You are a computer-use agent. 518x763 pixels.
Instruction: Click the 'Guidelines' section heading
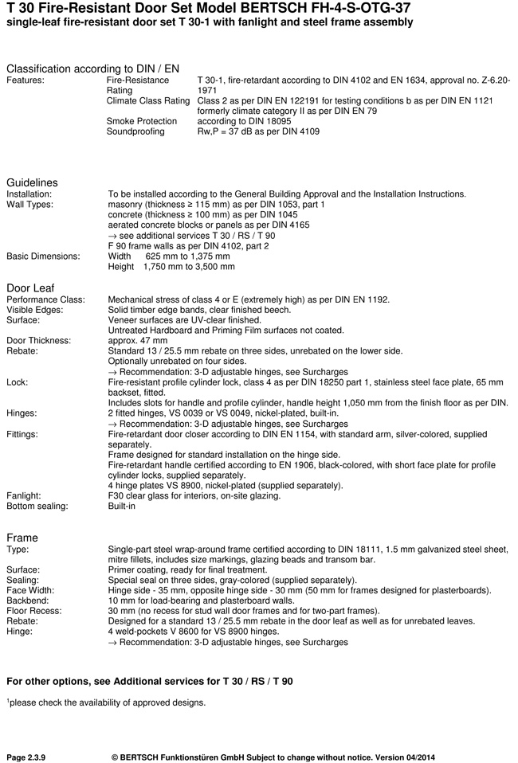[x=32, y=182]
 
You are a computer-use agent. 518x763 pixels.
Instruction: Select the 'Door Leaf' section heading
[x=31, y=288]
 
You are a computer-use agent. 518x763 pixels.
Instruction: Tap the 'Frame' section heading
[x=22, y=538]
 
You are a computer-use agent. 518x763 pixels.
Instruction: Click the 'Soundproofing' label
[x=135, y=131]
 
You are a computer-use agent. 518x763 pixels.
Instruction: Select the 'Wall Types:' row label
[x=29, y=205]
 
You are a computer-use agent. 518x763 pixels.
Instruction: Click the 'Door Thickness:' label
[x=39, y=340]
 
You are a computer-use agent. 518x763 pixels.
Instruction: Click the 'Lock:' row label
[x=18, y=382]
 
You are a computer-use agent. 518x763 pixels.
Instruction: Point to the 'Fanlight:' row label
[x=24, y=495]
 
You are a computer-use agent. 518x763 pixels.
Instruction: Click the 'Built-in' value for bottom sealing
[x=122, y=506]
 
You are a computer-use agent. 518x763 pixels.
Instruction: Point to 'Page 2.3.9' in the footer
[x=26, y=757]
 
